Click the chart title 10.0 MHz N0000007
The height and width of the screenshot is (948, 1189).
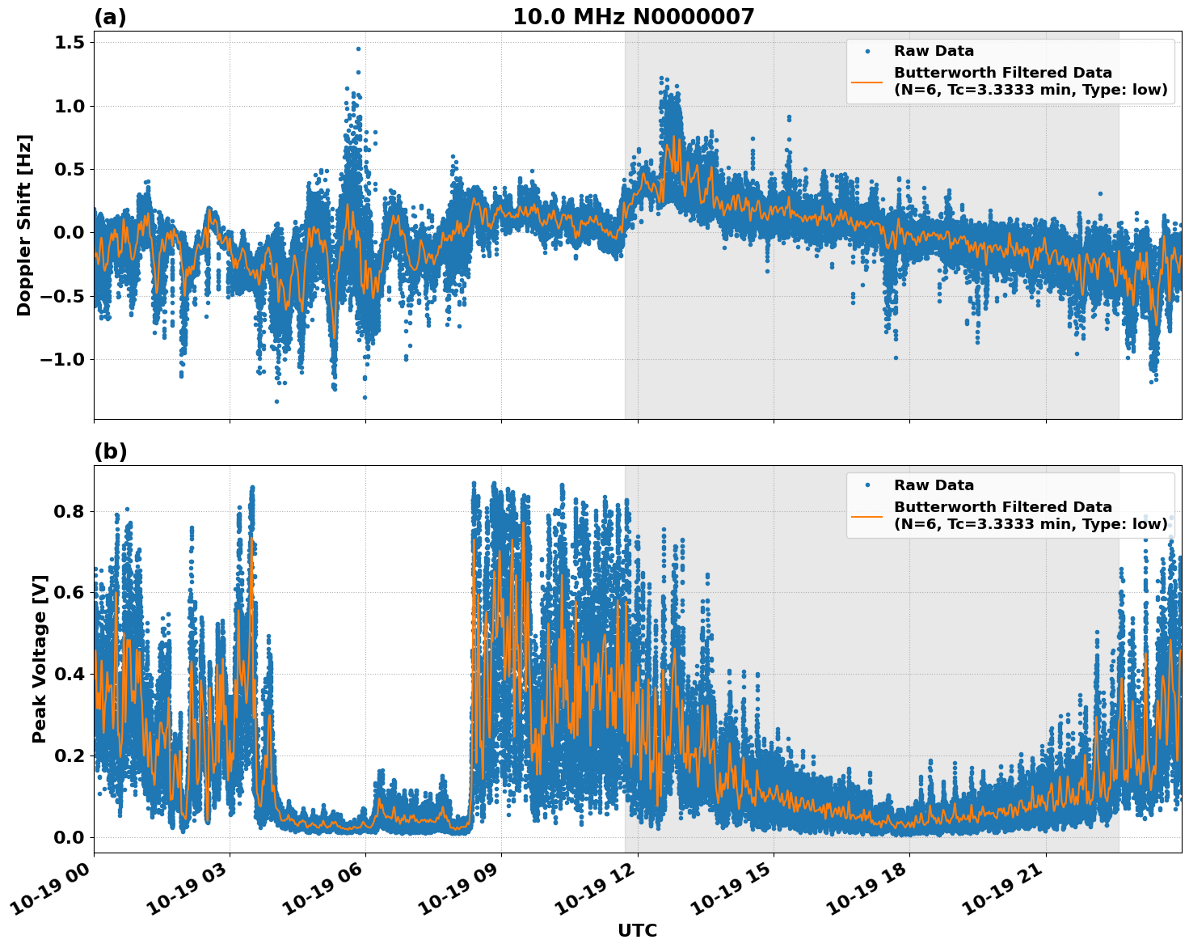(x=633, y=17)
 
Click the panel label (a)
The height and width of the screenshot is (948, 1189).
(x=110, y=17)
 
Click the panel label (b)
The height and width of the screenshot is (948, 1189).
(x=110, y=451)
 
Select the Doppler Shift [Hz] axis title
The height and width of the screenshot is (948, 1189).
(x=24, y=225)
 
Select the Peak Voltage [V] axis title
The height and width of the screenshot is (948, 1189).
(x=40, y=658)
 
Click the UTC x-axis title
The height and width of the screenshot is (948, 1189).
(x=637, y=930)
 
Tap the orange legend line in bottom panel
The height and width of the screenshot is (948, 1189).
(x=866, y=515)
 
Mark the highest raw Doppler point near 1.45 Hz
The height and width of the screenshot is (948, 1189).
(x=358, y=49)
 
